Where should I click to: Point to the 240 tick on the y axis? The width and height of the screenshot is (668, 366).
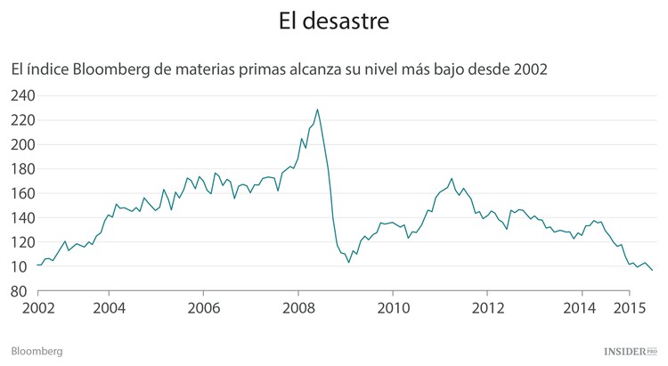pos(22,96)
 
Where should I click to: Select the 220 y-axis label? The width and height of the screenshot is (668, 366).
pos(22,120)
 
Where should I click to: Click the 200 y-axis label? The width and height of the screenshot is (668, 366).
pos(22,144)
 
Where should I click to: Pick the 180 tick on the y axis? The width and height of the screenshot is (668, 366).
pos(22,169)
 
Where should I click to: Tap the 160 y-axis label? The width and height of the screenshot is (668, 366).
pos(22,193)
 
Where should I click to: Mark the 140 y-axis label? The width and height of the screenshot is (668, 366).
pos(22,218)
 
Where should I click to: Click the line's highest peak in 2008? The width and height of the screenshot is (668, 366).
pos(318,110)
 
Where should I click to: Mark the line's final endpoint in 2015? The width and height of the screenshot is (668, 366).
pos(652,270)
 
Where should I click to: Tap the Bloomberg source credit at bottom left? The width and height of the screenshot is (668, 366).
pos(36,352)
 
